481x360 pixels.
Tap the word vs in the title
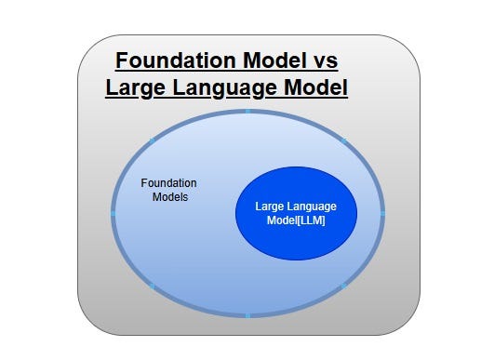coord(323,62)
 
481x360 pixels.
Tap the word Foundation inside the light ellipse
coord(168,182)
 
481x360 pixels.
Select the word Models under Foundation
coord(170,197)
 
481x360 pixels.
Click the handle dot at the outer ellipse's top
coord(247,111)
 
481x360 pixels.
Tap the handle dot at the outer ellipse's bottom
coord(247,316)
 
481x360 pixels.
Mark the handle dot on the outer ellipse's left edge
coord(113,213)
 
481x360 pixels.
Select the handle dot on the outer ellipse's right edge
coord(383,213)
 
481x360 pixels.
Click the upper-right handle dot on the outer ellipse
coord(343,140)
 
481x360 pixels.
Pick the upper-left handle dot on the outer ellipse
coord(152,140)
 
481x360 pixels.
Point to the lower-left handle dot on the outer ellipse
coord(152,286)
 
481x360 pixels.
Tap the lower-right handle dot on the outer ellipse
coord(343,286)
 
